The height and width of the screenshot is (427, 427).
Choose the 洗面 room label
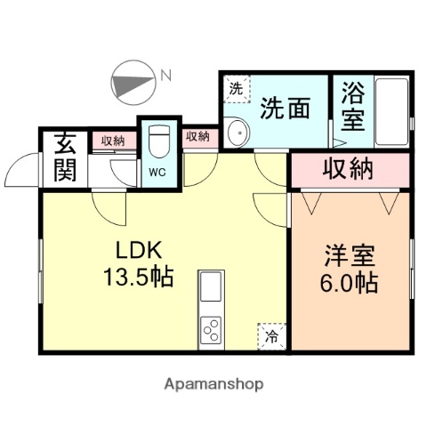(285, 109)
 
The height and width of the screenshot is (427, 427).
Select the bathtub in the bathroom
(391, 112)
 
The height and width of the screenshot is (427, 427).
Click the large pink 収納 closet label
(348, 169)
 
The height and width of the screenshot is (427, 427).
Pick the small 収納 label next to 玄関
(112, 140)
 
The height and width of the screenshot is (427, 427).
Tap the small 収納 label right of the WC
(197, 136)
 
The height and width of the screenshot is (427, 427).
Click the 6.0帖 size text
(349, 284)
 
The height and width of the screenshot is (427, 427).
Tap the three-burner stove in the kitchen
(212, 330)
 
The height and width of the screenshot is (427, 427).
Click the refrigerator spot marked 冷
(271, 335)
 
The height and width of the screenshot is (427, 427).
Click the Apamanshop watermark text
(213, 385)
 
